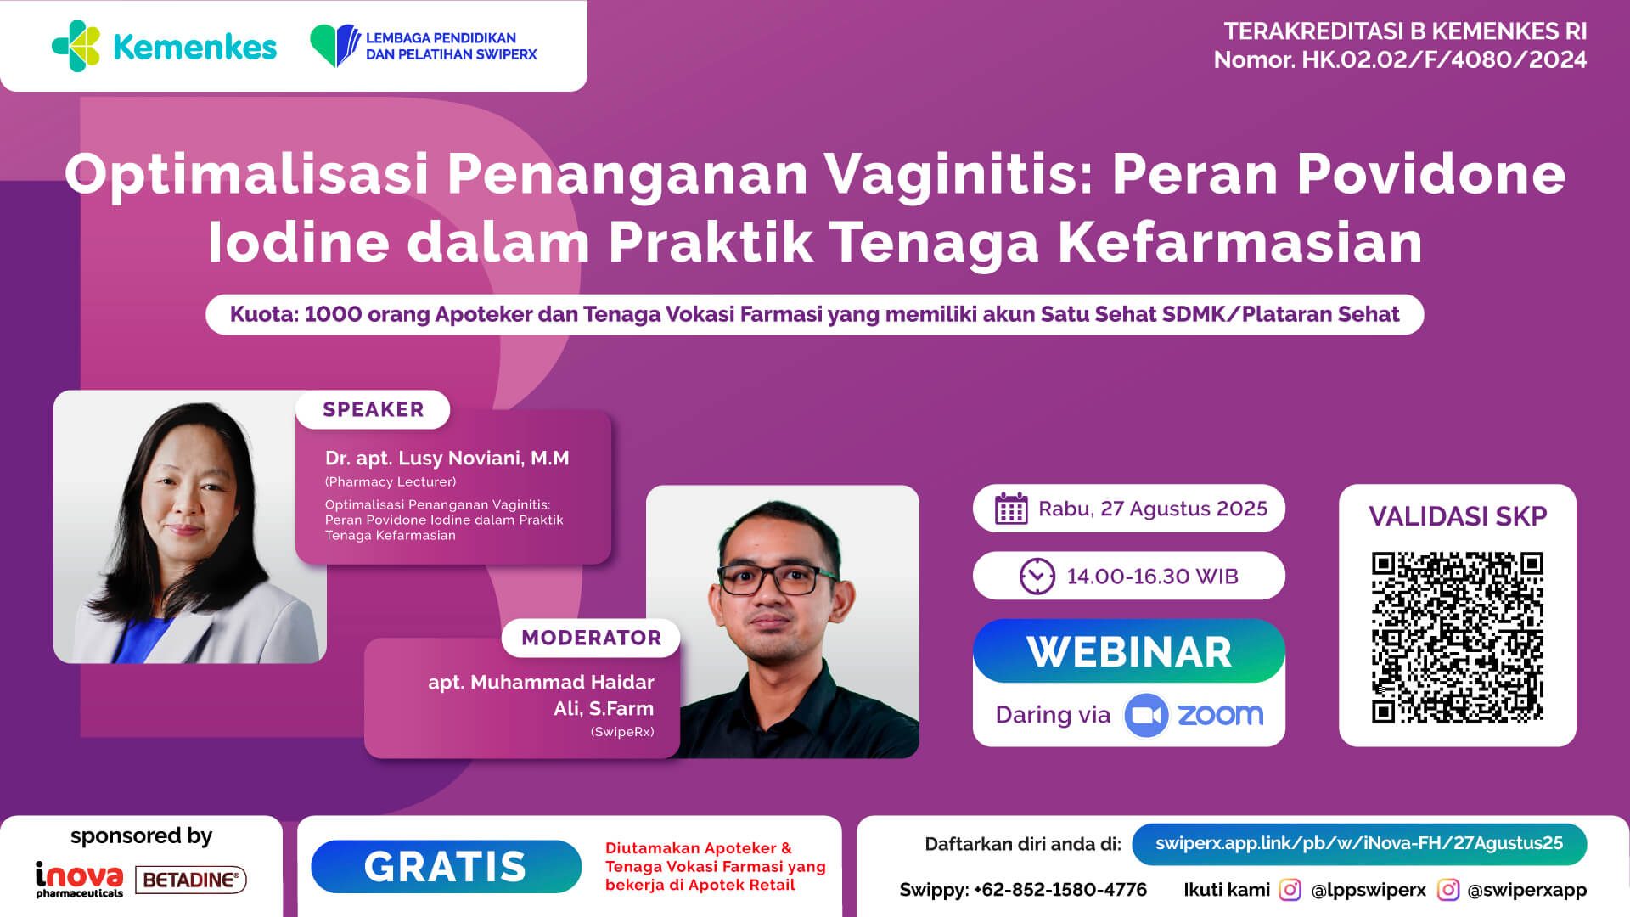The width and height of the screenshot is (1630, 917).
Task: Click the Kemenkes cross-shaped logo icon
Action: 76,46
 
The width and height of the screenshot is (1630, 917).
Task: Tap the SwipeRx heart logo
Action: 334,46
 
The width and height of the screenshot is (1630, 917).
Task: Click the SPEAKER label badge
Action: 373,409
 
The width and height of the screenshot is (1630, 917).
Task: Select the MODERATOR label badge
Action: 591,638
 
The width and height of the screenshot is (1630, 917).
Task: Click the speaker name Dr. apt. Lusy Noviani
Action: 447,458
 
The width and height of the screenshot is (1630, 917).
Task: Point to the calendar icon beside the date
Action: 1011,509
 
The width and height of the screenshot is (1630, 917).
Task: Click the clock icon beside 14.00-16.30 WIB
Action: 1037,577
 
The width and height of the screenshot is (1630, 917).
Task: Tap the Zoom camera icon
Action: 1146,715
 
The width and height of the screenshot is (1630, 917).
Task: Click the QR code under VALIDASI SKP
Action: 1457,637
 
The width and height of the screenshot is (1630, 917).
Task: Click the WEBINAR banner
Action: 1128,651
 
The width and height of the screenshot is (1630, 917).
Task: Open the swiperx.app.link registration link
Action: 1358,843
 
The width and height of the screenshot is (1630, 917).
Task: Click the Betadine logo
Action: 191,880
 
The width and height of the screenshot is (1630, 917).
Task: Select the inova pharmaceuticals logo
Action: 79,879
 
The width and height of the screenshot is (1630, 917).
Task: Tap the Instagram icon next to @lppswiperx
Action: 1290,890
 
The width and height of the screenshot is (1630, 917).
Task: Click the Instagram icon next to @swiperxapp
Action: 1448,890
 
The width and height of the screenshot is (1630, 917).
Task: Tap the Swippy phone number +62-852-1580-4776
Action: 1059,890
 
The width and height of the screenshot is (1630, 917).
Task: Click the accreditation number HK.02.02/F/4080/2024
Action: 1444,60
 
